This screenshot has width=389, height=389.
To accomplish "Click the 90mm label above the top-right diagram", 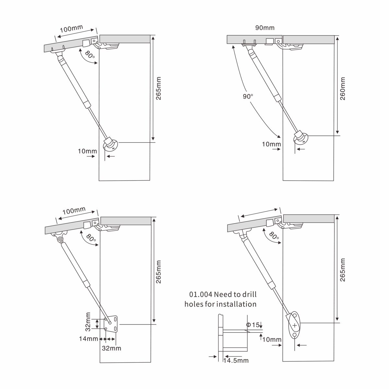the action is pyautogui.click(x=265, y=28).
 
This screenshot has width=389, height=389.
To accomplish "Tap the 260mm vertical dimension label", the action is pyautogui.click(x=343, y=88).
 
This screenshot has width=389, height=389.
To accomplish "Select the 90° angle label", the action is pyautogui.click(x=248, y=96).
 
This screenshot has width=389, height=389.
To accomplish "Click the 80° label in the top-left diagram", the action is pyautogui.click(x=90, y=54).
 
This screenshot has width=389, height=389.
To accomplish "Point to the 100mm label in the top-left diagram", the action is pyautogui.click(x=71, y=29).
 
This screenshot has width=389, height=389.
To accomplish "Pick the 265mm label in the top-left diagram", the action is pyautogui.click(x=159, y=88).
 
